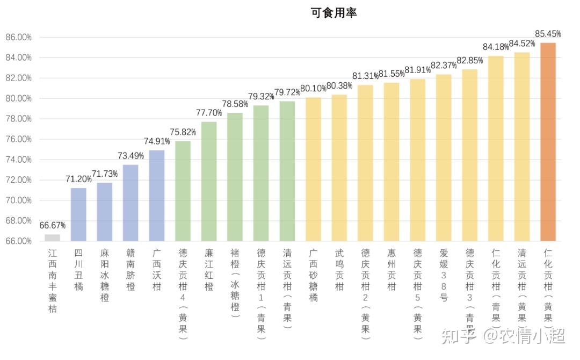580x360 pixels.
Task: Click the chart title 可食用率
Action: [x=334, y=13]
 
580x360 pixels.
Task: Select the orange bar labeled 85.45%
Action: [x=548, y=142]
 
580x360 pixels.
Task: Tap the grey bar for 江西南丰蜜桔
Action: [x=52, y=237]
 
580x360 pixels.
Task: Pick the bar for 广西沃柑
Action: [x=156, y=196]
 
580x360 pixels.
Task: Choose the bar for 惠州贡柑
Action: [x=392, y=162]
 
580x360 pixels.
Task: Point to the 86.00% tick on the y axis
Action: [x=19, y=38]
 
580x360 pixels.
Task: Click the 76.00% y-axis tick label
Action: [x=19, y=139]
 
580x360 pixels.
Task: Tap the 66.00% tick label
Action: [x=19, y=241]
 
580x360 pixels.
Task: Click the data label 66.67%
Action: [x=53, y=225]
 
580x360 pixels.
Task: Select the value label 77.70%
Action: [x=209, y=113]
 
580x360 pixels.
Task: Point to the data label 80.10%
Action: [x=313, y=88]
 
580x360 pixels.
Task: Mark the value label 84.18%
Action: [x=496, y=47]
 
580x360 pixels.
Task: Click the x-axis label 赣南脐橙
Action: [x=130, y=270]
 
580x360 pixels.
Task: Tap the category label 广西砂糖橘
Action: [x=313, y=275]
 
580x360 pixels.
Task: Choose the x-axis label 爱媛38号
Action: [x=444, y=275]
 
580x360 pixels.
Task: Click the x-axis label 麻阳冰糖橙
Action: [x=105, y=275]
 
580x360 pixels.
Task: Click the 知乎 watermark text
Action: [x=458, y=337]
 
